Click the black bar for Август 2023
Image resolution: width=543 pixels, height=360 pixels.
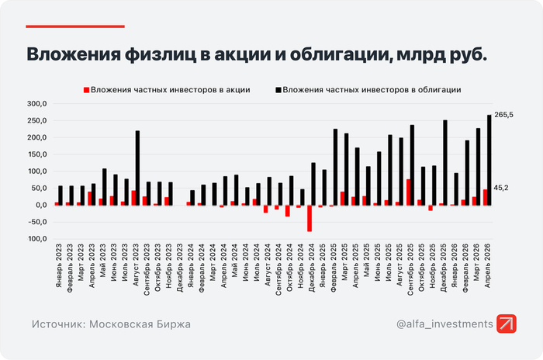[x=137, y=168]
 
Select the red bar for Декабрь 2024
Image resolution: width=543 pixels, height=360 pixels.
[x=310, y=218]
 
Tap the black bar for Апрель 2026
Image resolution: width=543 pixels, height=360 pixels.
[x=489, y=160]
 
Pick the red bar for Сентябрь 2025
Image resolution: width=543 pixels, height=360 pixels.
[x=408, y=192]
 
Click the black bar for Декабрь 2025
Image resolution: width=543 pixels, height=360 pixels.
[x=445, y=163]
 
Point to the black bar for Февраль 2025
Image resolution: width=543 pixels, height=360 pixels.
[x=335, y=167]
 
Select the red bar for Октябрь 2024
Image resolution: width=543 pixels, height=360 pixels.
[x=288, y=211]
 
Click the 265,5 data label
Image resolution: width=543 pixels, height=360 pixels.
[x=503, y=115]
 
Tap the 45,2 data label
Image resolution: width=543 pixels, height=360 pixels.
[x=501, y=188]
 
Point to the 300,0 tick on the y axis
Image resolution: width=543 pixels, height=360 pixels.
[x=37, y=104]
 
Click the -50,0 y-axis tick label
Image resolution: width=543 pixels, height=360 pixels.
[x=37, y=222]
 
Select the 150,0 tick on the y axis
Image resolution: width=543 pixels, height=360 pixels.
[x=37, y=154]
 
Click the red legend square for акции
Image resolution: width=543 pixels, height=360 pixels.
[x=86, y=90]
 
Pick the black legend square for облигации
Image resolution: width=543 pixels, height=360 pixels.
[x=278, y=90]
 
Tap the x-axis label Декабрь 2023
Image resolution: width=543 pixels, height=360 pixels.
[x=179, y=268]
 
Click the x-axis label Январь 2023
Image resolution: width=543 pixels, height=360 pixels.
[x=58, y=265]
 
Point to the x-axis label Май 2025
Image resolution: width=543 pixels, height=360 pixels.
[x=366, y=260]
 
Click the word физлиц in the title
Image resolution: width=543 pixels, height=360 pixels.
[x=161, y=54]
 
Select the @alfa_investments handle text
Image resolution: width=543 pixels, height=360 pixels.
[x=444, y=324]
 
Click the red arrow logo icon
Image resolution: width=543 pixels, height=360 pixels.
[x=507, y=324]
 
